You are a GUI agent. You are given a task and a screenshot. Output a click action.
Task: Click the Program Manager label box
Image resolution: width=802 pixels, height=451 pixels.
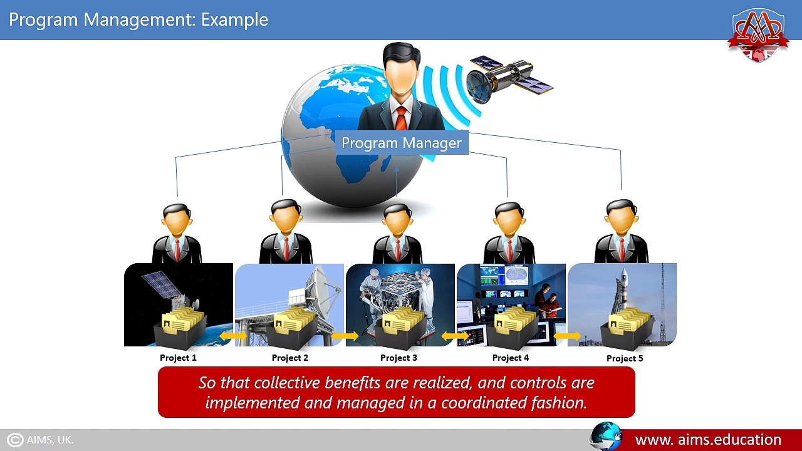pos(401,143)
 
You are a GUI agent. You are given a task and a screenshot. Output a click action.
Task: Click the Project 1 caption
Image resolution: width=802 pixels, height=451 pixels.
pos(178,358)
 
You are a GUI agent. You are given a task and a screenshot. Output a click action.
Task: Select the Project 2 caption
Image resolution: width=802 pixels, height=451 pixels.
pos(289,358)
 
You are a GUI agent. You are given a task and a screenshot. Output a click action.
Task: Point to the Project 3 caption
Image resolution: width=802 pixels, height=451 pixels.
pos(398,358)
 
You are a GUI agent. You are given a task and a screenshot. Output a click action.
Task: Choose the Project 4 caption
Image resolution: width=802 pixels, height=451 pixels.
pos(510,358)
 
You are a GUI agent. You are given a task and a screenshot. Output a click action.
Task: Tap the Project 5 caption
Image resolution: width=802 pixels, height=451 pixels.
pos(625,358)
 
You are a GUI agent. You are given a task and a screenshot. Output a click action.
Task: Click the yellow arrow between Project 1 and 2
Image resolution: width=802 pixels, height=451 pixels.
pos(233,337)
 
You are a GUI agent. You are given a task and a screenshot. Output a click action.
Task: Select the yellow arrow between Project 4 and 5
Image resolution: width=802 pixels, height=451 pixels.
pos(567,337)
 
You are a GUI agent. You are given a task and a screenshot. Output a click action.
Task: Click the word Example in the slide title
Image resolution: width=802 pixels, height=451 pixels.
pos(234,20)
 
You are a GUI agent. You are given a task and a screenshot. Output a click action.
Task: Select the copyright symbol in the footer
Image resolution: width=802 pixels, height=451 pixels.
pos(15,440)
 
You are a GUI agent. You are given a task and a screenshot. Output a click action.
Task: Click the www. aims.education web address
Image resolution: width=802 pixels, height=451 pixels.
pos(708,440)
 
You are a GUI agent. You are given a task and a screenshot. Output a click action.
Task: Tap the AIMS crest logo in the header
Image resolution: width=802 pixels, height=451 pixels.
pos(758,34)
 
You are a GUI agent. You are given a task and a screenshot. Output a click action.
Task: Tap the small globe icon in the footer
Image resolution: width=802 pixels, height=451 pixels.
pos(605,437)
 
